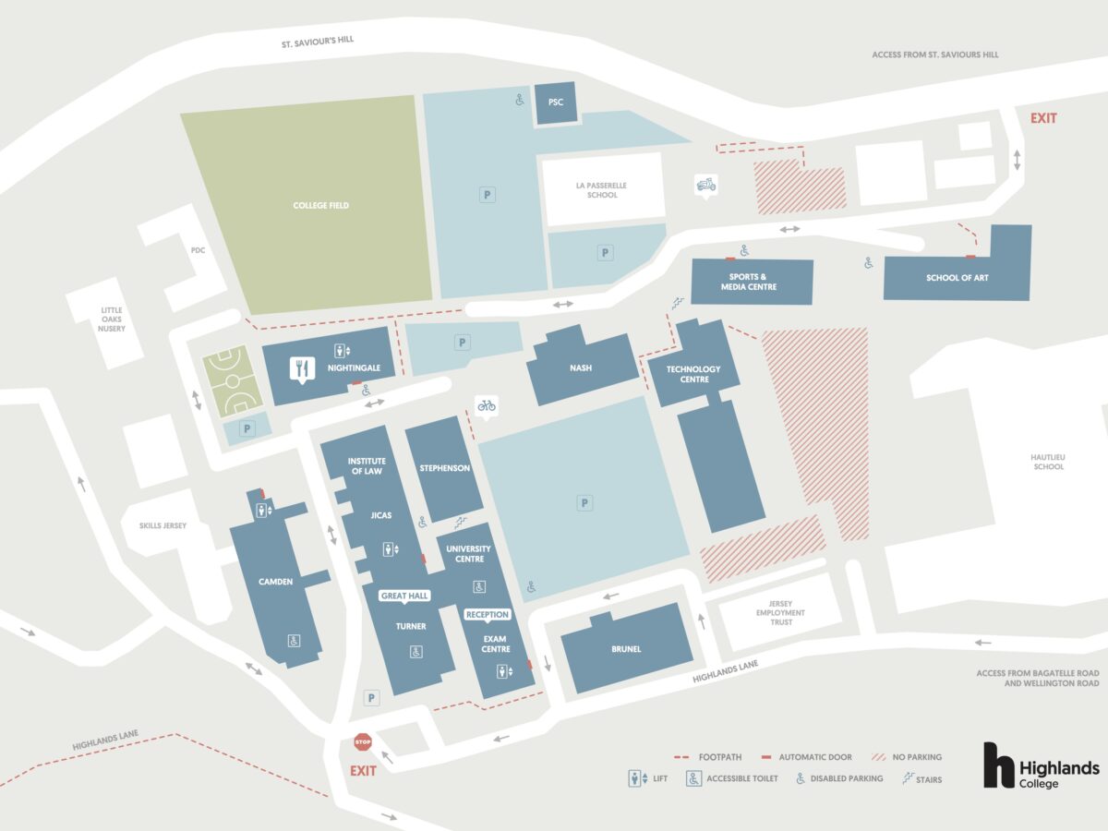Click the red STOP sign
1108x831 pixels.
(x=363, y=742)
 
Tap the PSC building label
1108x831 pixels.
(x=555, y=102)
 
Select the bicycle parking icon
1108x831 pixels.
(x=487, y=406)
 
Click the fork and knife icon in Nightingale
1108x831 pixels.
(x=302, y=369)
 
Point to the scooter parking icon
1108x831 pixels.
(x=705, y=186)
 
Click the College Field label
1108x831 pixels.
(x=320, y=205)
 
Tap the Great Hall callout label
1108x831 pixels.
(x=403, y=596)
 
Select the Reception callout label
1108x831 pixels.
(x=488, y=615)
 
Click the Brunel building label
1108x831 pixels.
(x=626, y=649)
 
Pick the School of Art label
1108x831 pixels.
(x=957, y=278)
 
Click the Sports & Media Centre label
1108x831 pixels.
(x=749, y=282)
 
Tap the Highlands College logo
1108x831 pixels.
(x=1041, y=766)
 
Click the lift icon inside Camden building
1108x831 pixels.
(x=263, y=511)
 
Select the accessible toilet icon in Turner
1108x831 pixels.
(x=415, y=652)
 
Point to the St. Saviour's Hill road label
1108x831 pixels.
(x=318, y=42)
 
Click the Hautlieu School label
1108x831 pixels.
(x=1048, y=462)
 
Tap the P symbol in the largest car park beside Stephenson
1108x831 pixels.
(x=584, y=503)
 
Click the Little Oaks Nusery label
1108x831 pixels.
(x=111, y=319)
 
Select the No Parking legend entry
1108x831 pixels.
(x=907, y=757)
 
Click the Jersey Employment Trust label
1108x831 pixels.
(x=780, y=612)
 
